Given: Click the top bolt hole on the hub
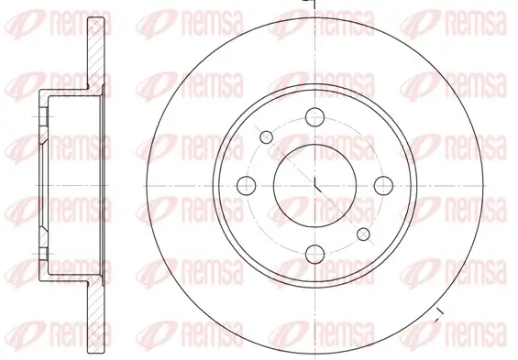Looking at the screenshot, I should [314, 115].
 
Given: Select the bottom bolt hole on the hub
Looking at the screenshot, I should [314, 254].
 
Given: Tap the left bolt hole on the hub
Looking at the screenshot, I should [246, 185].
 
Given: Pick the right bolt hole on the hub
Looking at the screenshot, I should [384, 185].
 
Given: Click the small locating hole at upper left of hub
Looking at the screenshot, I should [267, 137].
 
